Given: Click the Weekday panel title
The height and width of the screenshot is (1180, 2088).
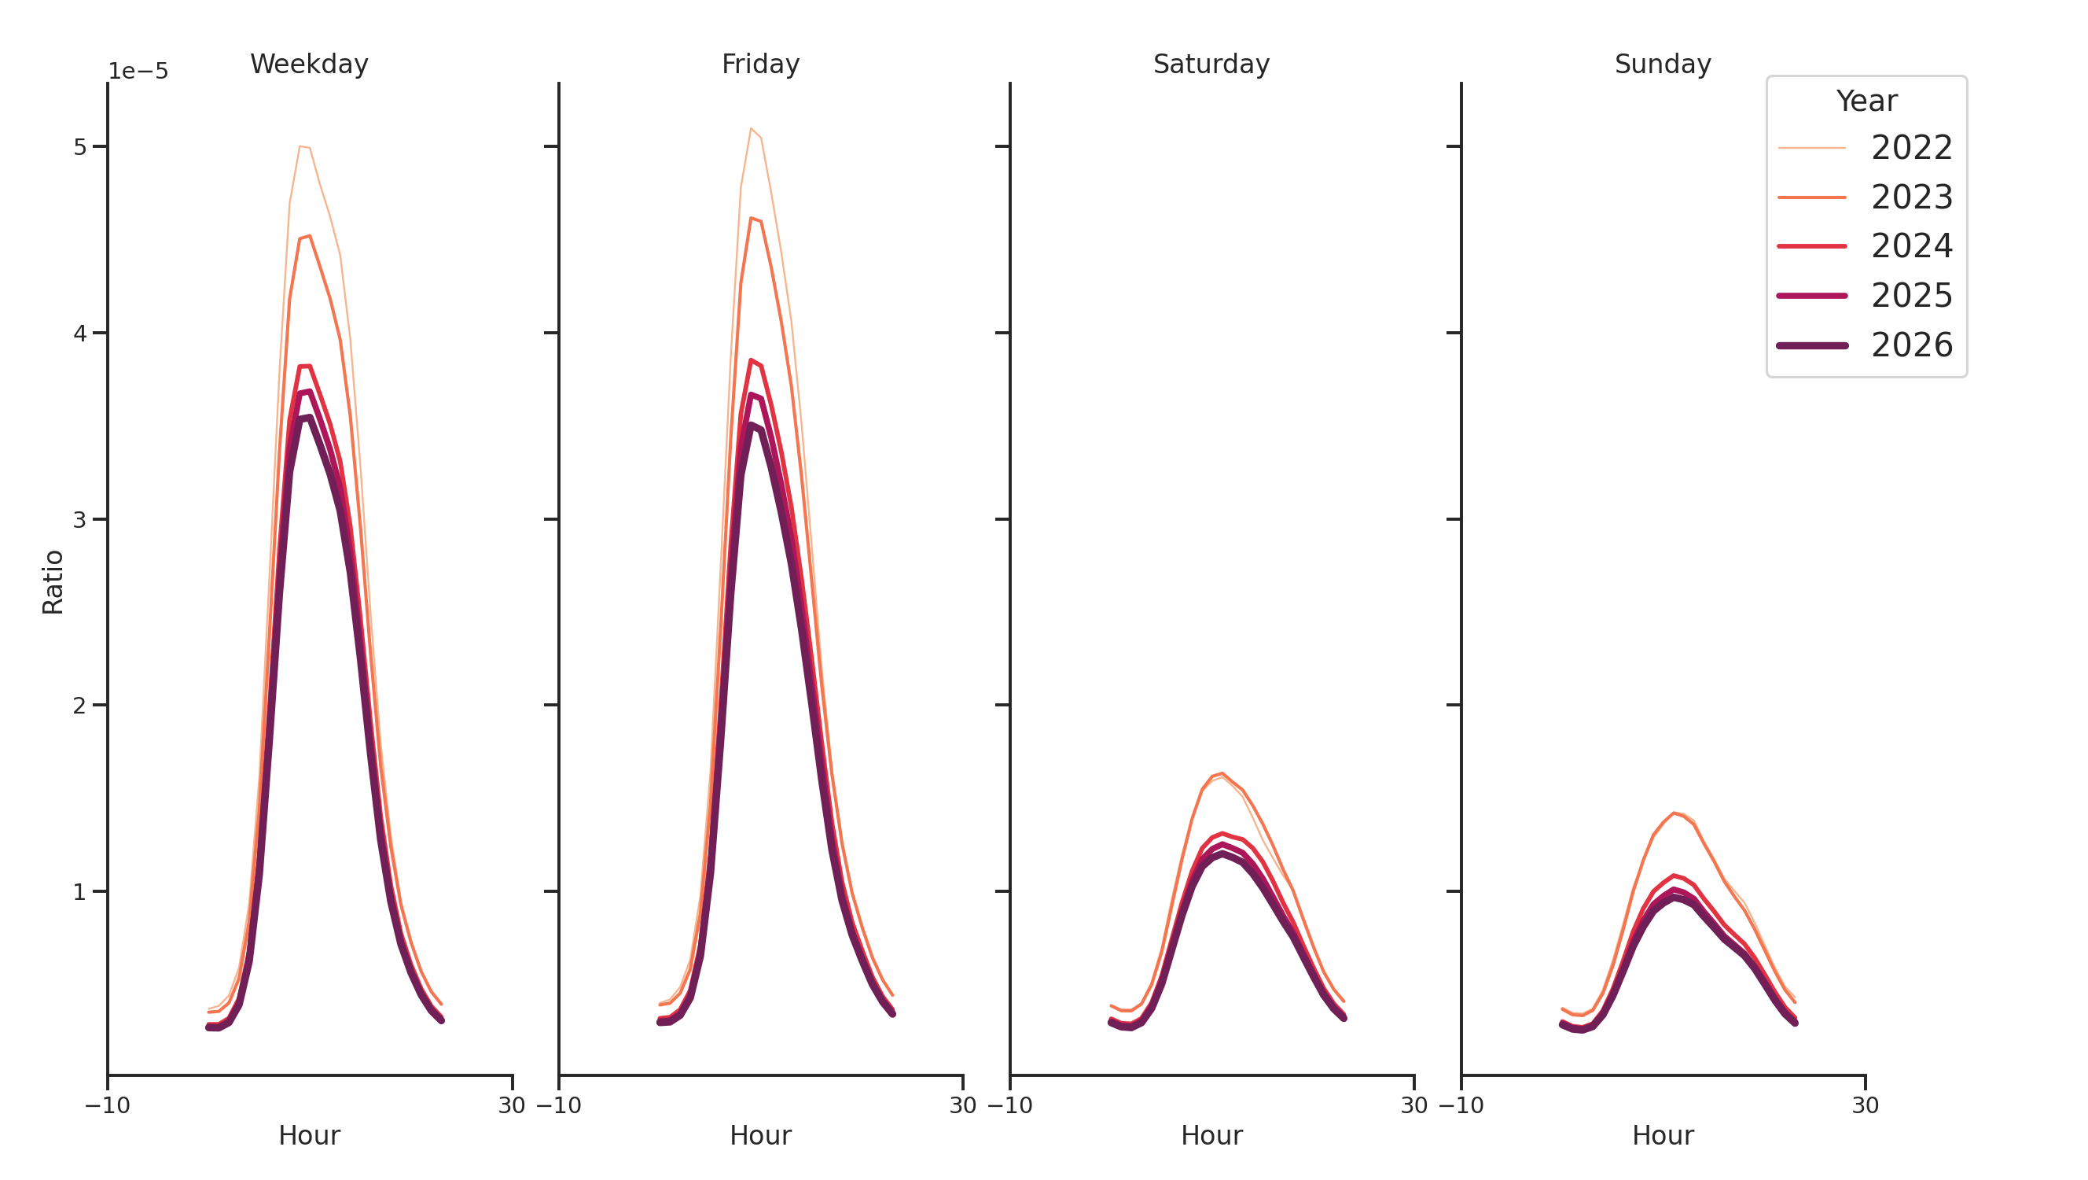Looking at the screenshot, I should click(309, 64).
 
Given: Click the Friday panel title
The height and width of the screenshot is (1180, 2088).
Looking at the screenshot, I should click(759, 64).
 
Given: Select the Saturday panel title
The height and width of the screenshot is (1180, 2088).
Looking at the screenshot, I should click(1211, 64).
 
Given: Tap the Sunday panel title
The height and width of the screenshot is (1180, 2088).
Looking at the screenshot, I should click(1663, 64).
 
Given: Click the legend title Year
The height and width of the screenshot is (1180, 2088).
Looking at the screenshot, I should click(1866, 101).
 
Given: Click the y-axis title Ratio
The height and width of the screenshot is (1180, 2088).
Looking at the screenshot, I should click(53, 581).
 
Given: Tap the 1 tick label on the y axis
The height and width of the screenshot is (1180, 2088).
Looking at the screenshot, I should click(79, 892).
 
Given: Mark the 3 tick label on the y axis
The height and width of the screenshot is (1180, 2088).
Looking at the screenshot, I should click(79, 520).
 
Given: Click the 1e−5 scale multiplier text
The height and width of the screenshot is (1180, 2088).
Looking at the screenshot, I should click(138, 72).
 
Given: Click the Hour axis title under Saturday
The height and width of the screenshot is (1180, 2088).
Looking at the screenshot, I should click(1211, 1135).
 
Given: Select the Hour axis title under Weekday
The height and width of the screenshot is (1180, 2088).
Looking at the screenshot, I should click(309, 1135).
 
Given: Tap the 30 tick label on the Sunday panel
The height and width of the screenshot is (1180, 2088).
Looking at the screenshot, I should click(1865, 1105).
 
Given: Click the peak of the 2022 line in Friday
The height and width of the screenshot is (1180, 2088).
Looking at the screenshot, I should click(751, 128).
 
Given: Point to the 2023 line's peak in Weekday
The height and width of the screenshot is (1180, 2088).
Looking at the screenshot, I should click(310, 235).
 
